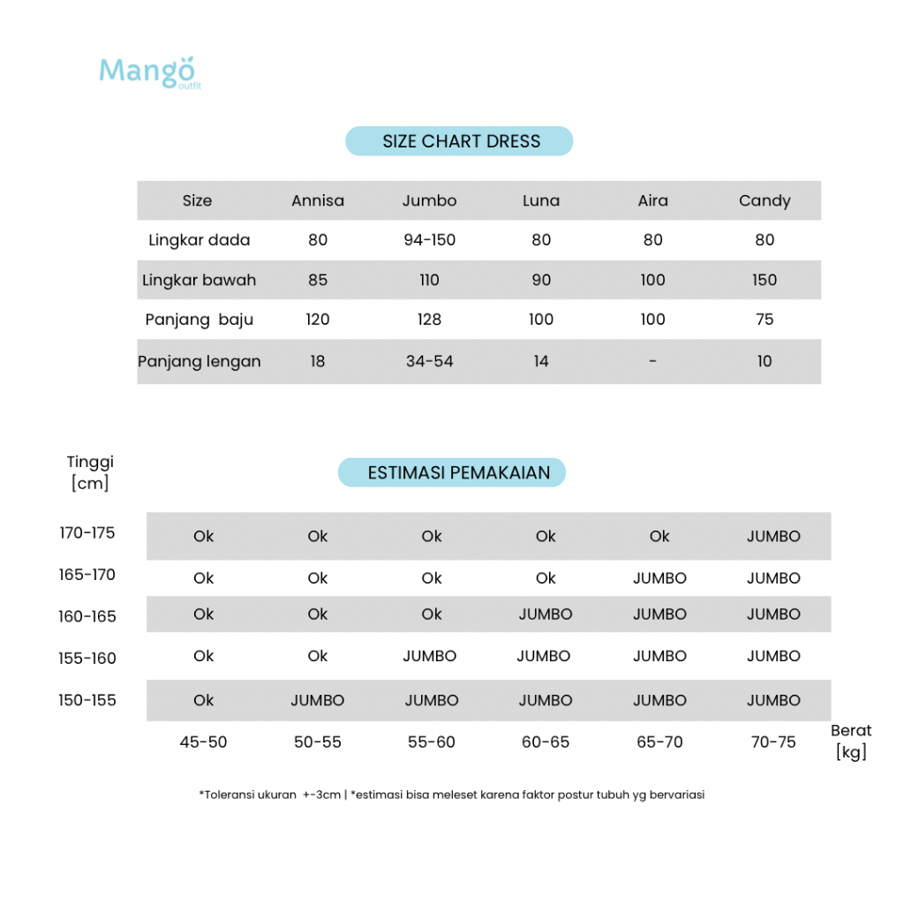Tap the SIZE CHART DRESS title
point(460,141)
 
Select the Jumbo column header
point(429,200)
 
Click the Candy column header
point(765,200)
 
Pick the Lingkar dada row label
point(200,240)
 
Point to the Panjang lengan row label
point(200,361)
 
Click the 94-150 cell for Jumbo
point(429,240)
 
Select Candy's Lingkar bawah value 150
point(765,280)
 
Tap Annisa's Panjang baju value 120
point(318,320)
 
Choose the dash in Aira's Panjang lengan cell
point(652,361)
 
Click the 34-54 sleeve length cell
point(429,361)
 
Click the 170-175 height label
point(87,533)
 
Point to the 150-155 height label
point(87,700)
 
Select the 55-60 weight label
point(432,742)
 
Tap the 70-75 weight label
point(773,742)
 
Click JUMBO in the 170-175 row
point(773,536)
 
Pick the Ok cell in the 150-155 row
point(204,700)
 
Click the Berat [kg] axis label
point(850,742)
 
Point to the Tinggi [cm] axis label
point(90,472)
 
